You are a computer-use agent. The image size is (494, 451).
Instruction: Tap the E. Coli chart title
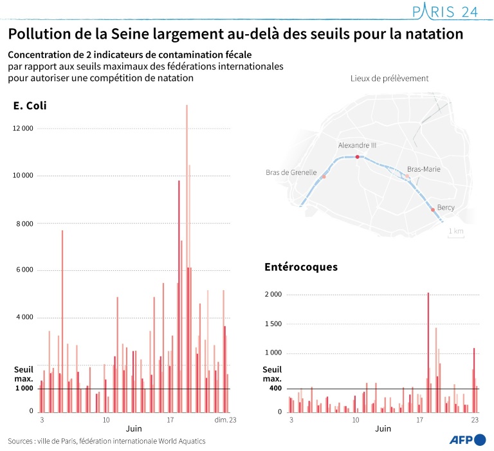pyautogui.click(x=30, y=106)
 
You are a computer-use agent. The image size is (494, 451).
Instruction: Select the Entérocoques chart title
pyautogui.click(x=301, y=266)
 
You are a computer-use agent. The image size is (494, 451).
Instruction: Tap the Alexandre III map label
pyautogui.click(x=357, y=145)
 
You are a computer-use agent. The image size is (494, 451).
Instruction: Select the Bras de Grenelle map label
pyautogui.click(x=291, y=172)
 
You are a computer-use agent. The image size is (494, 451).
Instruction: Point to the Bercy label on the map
pyautogui.click(x=446, y=207)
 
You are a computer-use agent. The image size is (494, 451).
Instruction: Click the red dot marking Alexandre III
pyautogui.click(x=358, y=156)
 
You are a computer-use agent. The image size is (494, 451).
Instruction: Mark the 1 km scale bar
pyautogui.click(x=455, y=235)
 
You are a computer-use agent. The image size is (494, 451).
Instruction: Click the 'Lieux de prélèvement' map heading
pyautogui.click(x=389, y=78)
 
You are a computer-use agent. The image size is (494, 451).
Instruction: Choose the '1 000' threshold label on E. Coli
pyautogui.click(x=24, y=388)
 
